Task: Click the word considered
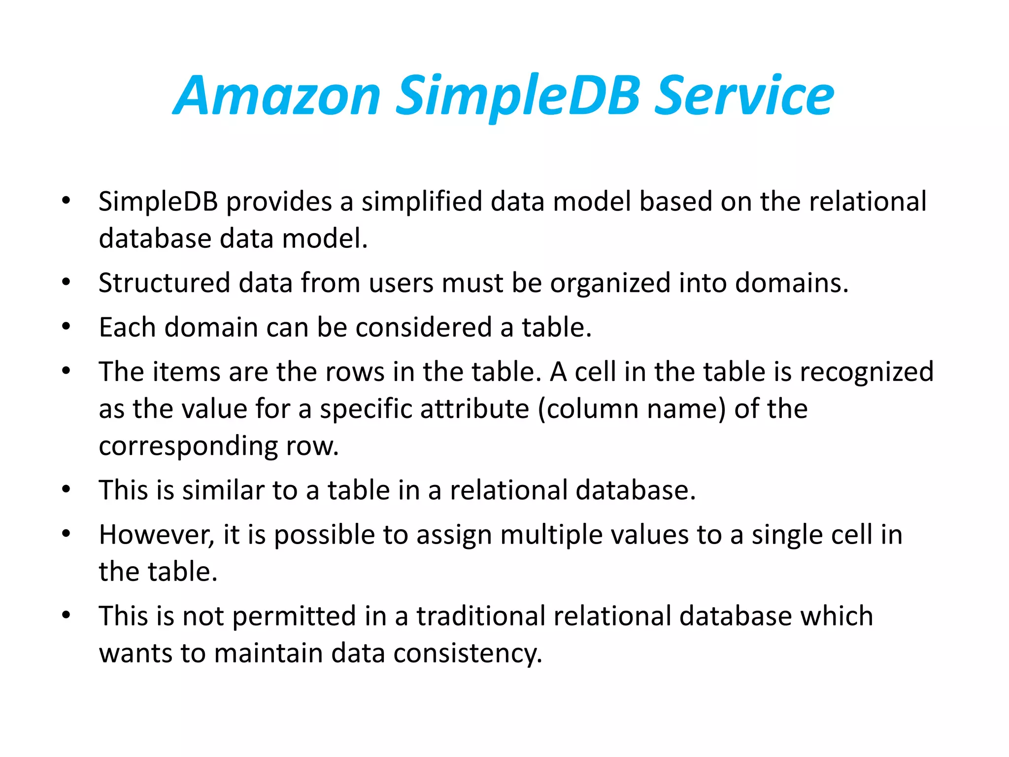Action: [x=424, y=328]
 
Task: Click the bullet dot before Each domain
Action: [x=67, y=327]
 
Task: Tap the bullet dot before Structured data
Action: [x=67, y=282]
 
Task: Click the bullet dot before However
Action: [x=67, y=534]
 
